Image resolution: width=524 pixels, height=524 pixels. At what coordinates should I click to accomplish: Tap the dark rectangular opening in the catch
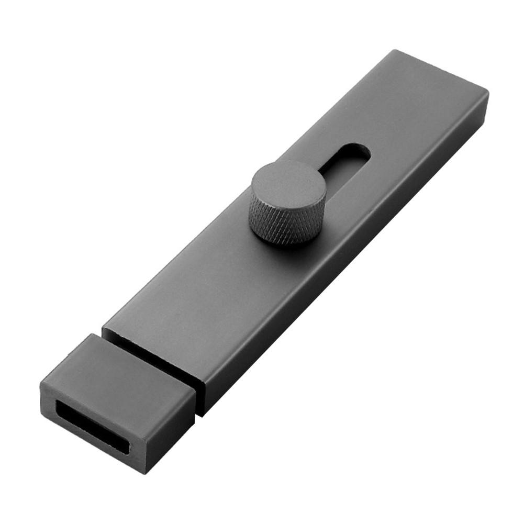pyautogui.click(x=92, y=424)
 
